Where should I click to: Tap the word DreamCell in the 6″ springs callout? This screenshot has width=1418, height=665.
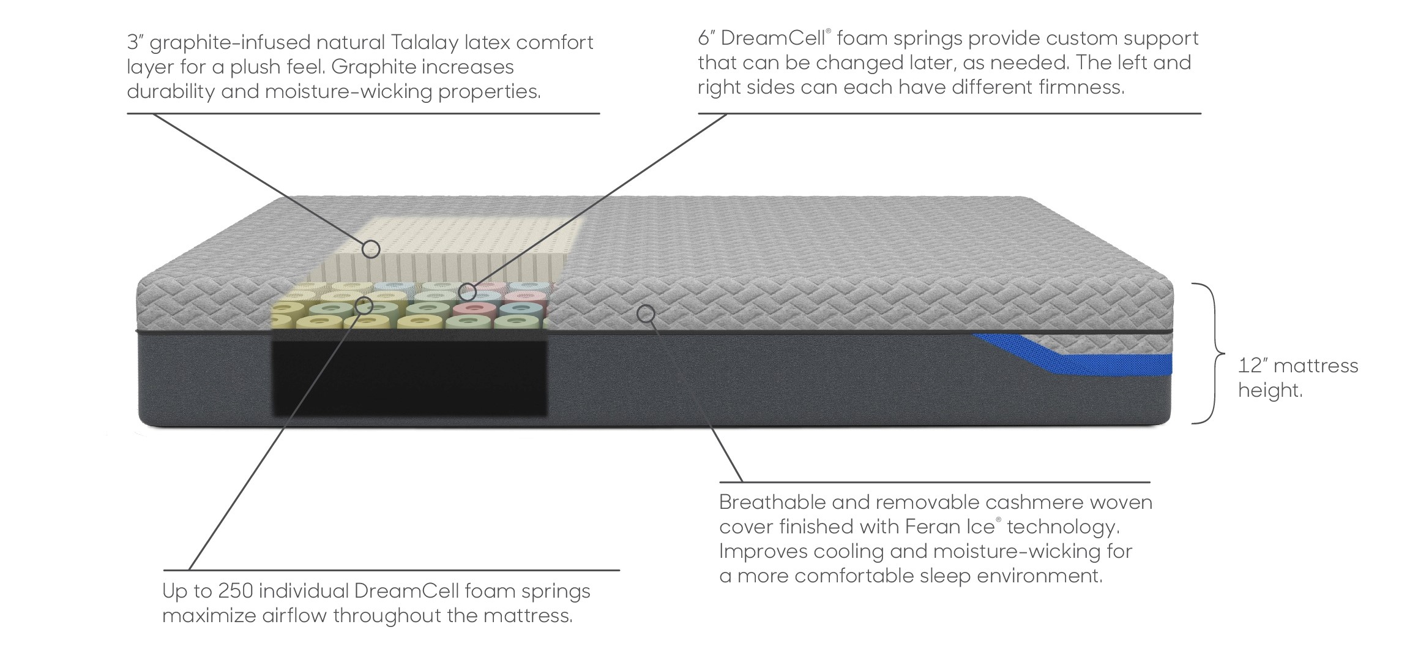coord(773,39)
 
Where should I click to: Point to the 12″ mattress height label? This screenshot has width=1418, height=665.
coord(1297,378)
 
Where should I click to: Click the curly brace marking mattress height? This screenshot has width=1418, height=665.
coord(1208,353)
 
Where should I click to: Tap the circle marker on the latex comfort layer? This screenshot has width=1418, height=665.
coord(371,249)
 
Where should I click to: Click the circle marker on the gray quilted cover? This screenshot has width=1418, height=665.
coord(646,314)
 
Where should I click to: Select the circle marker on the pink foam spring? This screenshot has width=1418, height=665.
coord(467,291)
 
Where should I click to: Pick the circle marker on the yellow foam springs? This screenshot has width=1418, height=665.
coord(364,304)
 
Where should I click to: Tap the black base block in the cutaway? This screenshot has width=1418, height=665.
coord(408,380)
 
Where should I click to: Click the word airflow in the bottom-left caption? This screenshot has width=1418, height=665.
coord(293,616)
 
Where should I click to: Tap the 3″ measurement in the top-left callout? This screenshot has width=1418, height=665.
coord(134,43)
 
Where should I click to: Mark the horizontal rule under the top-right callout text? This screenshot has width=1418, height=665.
coord(949,113)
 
